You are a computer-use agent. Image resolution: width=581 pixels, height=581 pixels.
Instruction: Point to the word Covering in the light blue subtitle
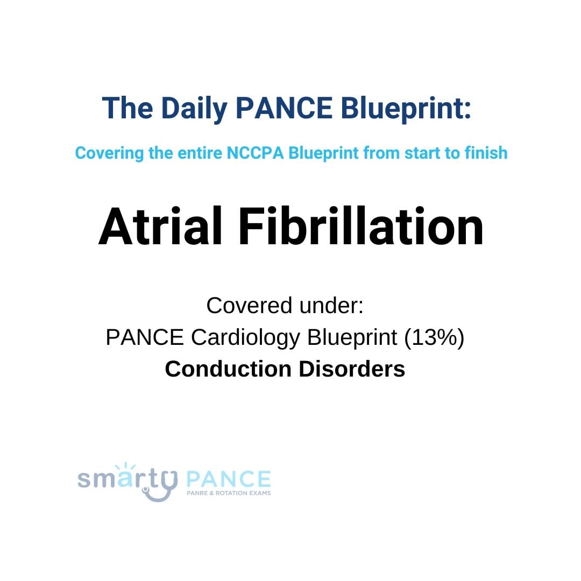(109, 153)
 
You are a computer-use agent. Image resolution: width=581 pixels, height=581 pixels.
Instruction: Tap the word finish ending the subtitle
(486, 153)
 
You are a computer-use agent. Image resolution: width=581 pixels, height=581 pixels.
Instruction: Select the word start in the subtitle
(413, 153)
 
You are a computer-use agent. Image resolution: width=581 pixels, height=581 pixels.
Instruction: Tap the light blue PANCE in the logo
(228, 478)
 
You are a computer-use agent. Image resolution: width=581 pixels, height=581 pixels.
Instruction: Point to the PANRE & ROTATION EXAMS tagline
(228, 493)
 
